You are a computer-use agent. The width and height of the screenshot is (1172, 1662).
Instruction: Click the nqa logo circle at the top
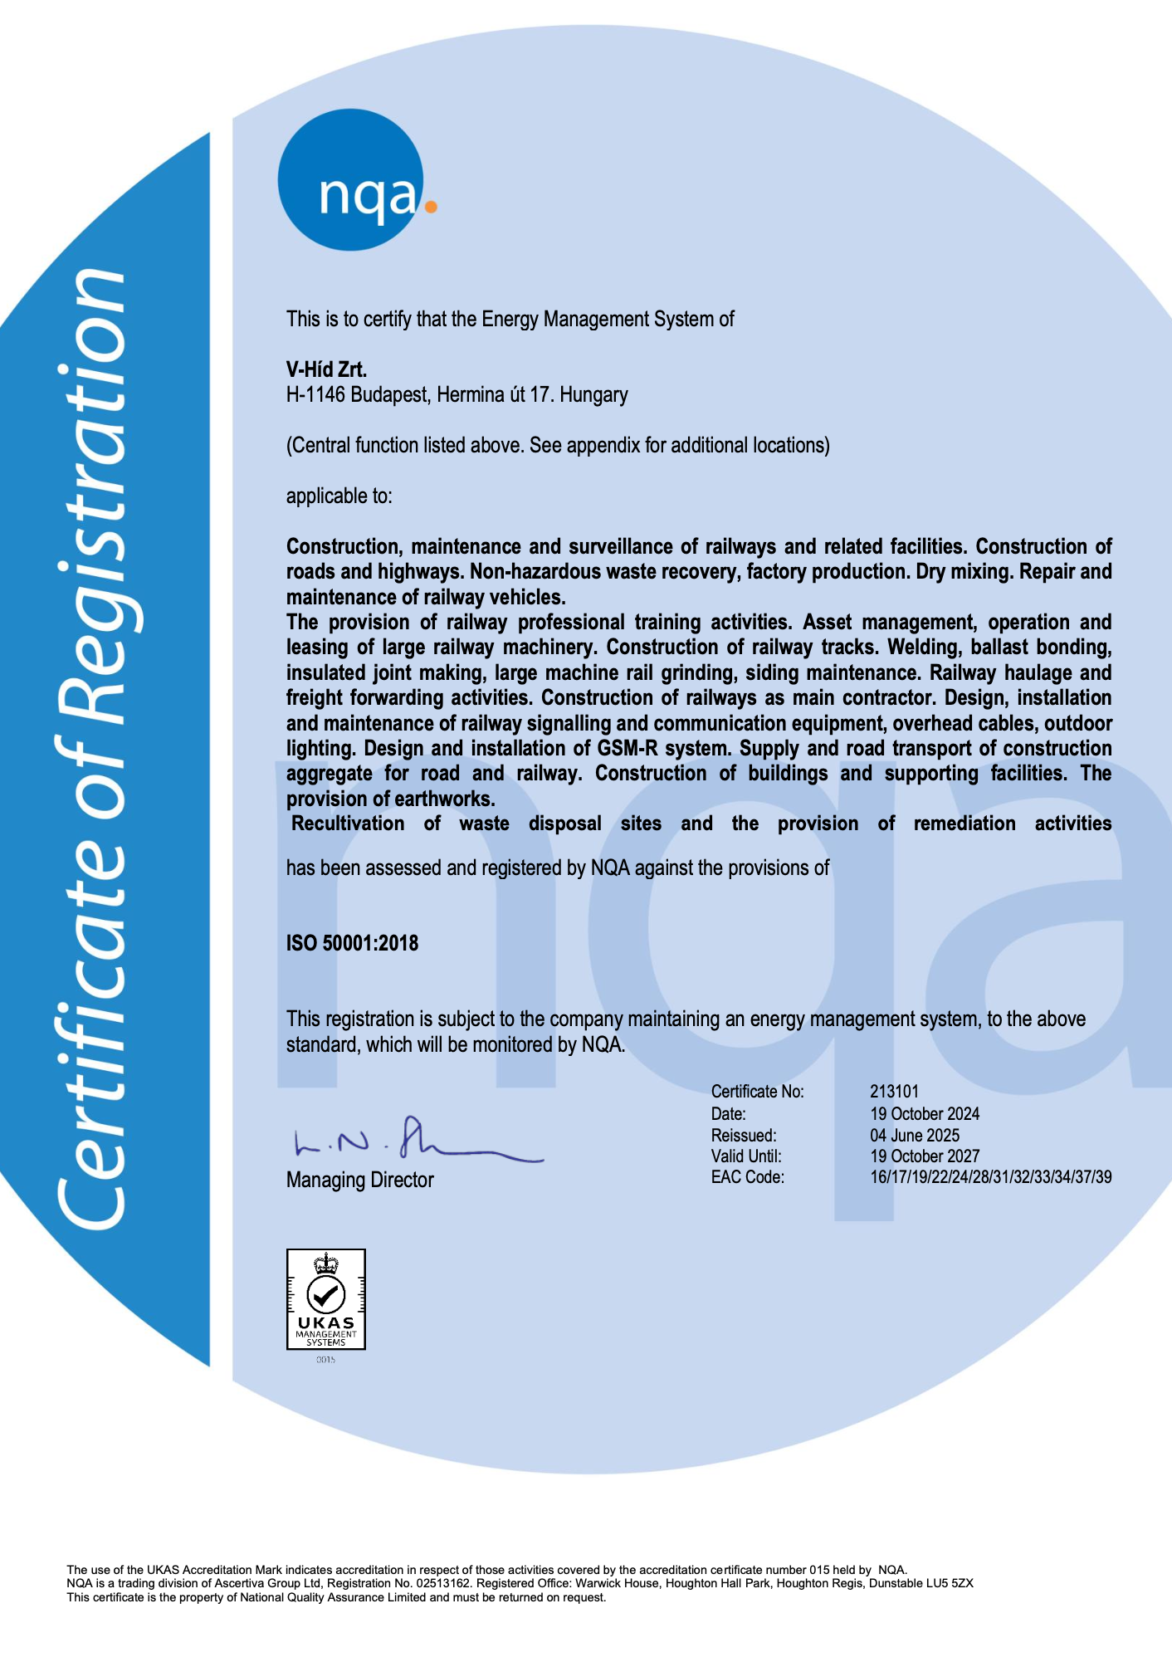[x=351, y=180]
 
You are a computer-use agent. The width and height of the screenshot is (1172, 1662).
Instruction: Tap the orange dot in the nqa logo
[x=430, y=205]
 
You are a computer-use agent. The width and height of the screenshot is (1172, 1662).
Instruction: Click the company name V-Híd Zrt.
[x=326, y=369]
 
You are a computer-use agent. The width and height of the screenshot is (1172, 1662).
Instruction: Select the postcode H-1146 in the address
[x=315, y=394]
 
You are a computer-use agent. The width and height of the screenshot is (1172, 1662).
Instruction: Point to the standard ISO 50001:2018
[x=352, y=943]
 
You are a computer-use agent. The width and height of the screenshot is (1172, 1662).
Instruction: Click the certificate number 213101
[x=894, y=1092]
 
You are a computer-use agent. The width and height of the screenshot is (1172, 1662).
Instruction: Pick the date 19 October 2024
[x=925, y=1114]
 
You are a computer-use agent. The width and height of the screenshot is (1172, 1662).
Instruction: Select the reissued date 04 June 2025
[x=915, y=1136]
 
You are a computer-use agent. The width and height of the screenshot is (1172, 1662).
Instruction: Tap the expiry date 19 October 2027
[x=925, y=1156]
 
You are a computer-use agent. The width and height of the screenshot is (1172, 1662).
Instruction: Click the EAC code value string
[x=990, y=1177]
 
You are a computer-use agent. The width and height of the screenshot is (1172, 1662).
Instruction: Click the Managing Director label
[x=359, y=1180]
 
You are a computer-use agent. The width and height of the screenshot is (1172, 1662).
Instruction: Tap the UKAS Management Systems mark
[x=326, y=1299]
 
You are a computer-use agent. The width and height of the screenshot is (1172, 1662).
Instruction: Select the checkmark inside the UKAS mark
[x=326, y=1293]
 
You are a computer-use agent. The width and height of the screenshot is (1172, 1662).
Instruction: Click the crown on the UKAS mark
[x=326, y=1264]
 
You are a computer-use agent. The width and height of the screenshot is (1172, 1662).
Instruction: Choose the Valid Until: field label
[x=746, y=1156]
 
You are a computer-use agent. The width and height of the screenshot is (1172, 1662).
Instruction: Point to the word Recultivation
[x=348, y=824]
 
